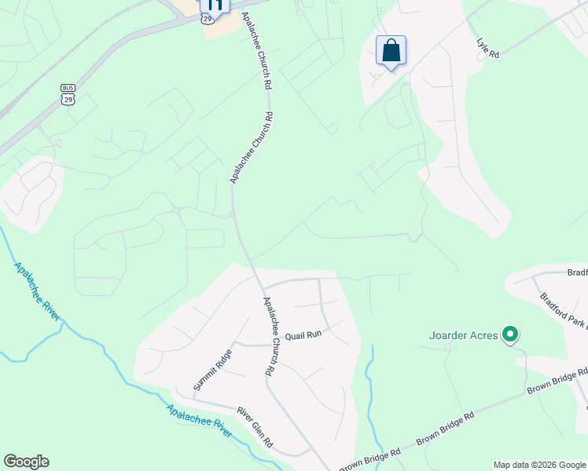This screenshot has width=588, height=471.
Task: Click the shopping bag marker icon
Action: tap(391, 51)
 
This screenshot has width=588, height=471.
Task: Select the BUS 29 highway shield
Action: tap(68, 95)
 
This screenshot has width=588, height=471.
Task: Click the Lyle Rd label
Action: tap(487, 49)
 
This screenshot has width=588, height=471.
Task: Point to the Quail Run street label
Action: tap(303, 334)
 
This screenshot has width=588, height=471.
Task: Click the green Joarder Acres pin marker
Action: tap(510, 335)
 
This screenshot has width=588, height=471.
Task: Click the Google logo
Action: tap(26, 462)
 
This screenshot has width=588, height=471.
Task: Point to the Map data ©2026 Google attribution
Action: tap(539, 465)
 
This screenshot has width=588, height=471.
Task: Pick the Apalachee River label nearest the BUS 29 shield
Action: tap(37, 290)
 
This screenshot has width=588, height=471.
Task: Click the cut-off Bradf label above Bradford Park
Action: tap(577, 272)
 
